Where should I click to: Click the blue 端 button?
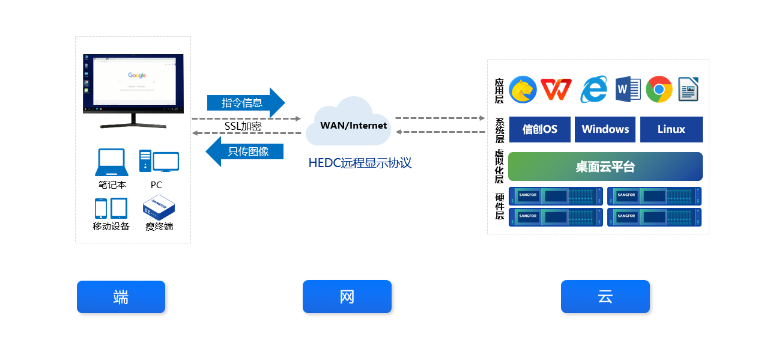tap(121, 297)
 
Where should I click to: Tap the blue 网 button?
tap(347, 297)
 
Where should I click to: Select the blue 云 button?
tap(605, 297)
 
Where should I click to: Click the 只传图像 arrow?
tap(245, 151)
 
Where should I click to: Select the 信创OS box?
tap(539, 129)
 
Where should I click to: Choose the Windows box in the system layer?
tap(605, 129)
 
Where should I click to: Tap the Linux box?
tap(671, 129)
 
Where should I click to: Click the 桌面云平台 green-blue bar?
tap(605, 166)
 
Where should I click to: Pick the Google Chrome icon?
tap(659, 90)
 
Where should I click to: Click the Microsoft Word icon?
tap(628, 90)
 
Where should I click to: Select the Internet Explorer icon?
tap(593, 90)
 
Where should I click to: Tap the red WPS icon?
tap(556, 90)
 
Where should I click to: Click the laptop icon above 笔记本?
tap(112, 162)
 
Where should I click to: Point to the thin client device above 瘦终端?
tap(159, 208)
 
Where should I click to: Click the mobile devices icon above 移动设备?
tap(111, 209)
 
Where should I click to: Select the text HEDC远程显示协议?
tap(360, 163)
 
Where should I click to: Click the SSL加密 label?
tap(243, 126)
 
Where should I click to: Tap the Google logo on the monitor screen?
tap(137, 75)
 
